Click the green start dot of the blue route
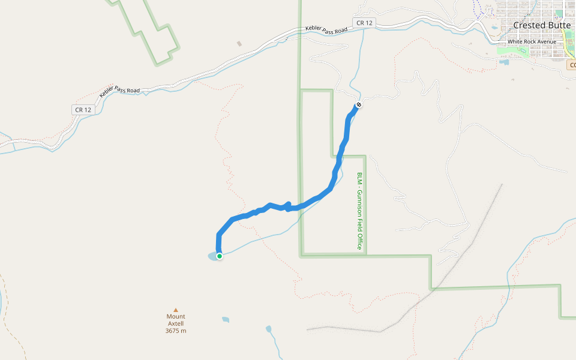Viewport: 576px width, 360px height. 220,256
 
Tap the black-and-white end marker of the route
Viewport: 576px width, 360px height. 358,105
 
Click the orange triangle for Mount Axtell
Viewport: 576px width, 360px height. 176,310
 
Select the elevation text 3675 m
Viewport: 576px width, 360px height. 176,331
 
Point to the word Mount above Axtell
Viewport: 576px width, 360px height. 176,316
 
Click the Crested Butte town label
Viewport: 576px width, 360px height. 542,25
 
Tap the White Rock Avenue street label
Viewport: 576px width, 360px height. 532,41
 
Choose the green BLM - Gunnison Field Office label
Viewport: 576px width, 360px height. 360,211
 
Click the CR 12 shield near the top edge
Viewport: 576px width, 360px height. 364,23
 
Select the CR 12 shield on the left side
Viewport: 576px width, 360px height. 83,110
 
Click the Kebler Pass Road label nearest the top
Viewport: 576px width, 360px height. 326,29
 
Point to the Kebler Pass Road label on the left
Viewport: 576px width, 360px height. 120,90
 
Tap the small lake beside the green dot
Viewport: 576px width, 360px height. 212,257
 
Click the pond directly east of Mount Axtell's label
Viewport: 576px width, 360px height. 226,320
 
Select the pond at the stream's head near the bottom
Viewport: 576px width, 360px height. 268,329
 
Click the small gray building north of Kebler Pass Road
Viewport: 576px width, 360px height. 239,44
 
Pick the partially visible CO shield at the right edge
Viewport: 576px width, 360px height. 571,64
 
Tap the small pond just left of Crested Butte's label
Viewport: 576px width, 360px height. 494,27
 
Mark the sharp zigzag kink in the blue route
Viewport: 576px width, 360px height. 288,206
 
